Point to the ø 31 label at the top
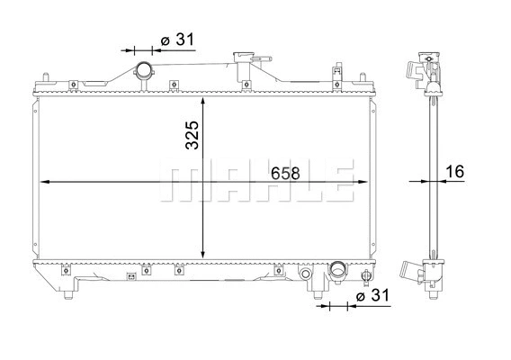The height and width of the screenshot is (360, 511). click(177, 40)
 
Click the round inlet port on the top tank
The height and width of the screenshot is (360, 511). click(144, 71)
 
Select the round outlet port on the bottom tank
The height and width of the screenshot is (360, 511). click(338, 269)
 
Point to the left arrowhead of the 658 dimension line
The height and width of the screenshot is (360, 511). click(46, 182)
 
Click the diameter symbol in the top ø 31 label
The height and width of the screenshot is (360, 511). click(166, 40)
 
